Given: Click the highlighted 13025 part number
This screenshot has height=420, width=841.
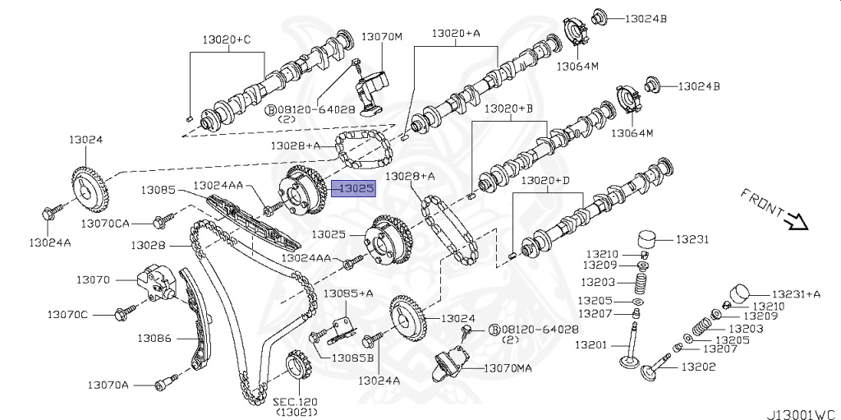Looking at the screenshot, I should coord(356,188).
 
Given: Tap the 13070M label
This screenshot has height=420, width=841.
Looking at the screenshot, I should coord(382,37).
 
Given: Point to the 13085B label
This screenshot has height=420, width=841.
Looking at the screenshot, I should coord(353,358).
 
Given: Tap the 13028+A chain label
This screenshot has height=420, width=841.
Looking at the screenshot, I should coord(410,177).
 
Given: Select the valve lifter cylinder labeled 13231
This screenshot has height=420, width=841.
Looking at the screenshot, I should coord(650,242).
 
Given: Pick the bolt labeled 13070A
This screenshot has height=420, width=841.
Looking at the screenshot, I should coord(164,383).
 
